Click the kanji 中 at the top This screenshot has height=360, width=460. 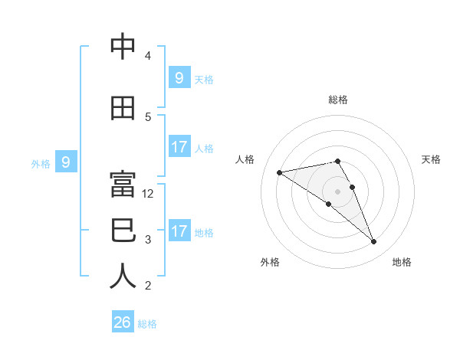coord(122,47)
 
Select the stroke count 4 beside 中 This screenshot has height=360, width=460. coord(148,56)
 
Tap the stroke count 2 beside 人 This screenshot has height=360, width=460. coord(148,286)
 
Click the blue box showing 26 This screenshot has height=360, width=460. coord(122,322)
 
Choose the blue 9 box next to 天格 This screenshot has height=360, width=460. coord(179,77)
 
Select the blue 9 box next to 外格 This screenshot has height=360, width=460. coord(66,162)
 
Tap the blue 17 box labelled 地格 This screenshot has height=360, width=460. coord(179,231)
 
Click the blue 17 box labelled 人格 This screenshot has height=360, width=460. coord(179,147)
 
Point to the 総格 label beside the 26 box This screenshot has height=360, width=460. coord(147,324)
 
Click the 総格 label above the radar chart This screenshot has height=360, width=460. coord(337,100)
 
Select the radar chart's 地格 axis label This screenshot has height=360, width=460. coord(402,262)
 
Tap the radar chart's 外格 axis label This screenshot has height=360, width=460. coord(270,262)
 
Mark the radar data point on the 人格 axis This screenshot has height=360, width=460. coord(280,172)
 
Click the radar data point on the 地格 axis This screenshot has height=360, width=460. coord(374,242)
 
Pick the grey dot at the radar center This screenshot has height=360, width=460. coord(337,191)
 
